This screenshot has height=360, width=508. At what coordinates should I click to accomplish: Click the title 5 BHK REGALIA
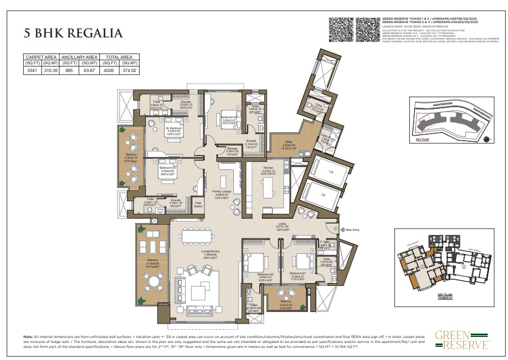pyautogui.click(x=72, y=33)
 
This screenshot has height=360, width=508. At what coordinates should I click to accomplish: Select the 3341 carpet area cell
pyautogui.click(x=32, y=70)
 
